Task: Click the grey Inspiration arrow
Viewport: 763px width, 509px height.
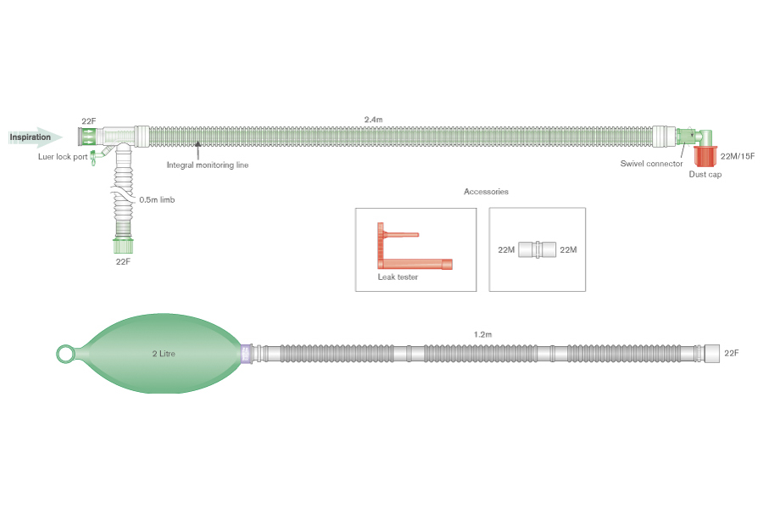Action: point(35,137)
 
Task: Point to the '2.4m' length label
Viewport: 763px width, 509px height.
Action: point(373,120)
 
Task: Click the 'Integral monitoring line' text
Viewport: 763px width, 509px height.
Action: point(208,165)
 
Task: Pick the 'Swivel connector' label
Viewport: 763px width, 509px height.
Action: point(651,164)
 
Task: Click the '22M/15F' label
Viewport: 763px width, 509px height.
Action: point(737,156)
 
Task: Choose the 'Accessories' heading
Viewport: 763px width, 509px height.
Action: point(486,192)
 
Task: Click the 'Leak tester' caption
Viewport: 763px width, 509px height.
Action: point(398,277)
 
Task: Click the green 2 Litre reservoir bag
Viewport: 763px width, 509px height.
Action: point(161,352)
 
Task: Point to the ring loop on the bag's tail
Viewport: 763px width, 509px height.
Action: point(64,353)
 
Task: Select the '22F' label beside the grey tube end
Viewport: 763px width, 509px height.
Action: point(732,353)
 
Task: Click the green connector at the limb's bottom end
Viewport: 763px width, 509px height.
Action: point(123,247)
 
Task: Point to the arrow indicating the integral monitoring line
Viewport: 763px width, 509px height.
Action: point(198,151)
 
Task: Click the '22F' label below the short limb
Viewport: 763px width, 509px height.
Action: point(123,262)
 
